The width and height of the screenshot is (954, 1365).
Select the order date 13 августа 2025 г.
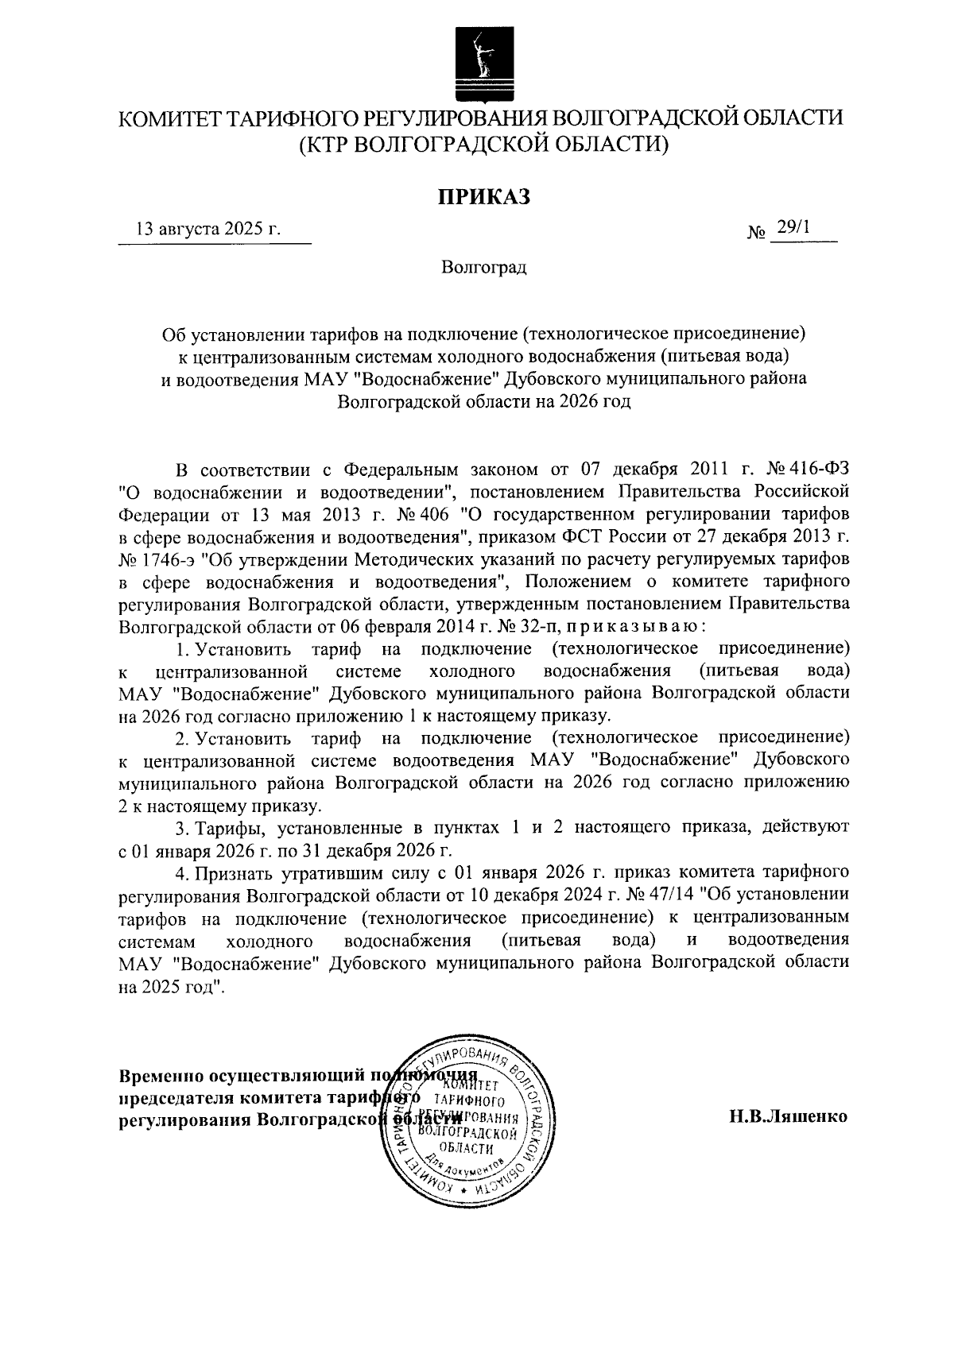pyautogui.click(x=209, y=230)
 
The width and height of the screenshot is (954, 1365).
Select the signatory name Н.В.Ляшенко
pyautogui.click(x=789, y=1116)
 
